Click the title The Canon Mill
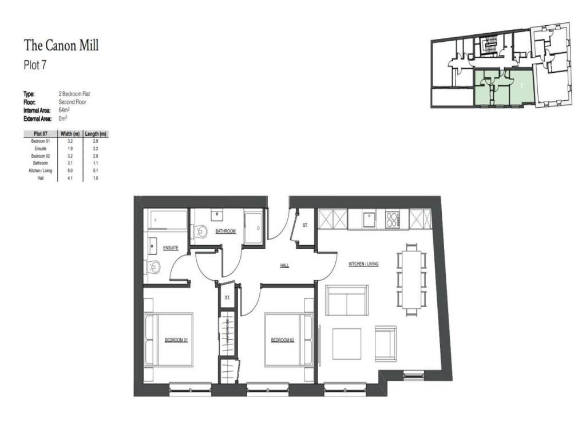click(x=61, y=45)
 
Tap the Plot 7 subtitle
click(x=34, y=65)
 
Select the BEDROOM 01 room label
click(x=176, y=340)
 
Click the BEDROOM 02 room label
click(x=282, y=340)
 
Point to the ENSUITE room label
click(x=171, y=247)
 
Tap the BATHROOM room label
click(x=225, y=231)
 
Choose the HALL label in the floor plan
click(x=284, y=266)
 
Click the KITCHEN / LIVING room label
click(x=364, y=264)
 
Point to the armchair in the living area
click(x=385, y=343)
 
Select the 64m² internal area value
click(x=64, y=109)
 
